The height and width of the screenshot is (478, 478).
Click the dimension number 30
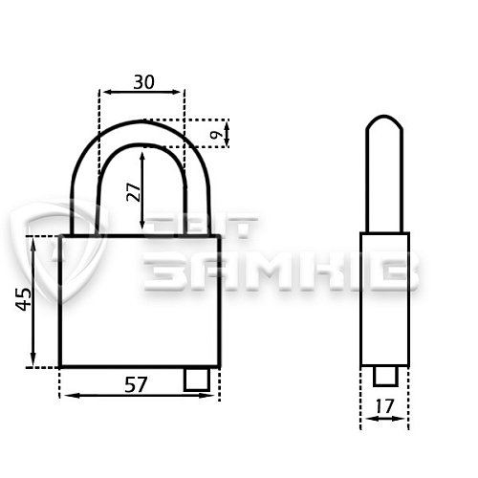point(143,82)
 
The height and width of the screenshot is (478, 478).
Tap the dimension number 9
point(217,134)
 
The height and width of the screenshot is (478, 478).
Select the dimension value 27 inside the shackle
point(134,192)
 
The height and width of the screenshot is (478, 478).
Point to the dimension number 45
point(24,299)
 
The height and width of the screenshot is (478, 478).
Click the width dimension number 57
point(136,384)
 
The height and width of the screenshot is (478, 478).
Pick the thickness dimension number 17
point(384,406)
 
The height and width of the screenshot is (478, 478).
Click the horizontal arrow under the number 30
point(142,92)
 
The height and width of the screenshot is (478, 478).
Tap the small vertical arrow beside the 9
point(227,134)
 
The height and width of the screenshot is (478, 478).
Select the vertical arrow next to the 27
point(142,190)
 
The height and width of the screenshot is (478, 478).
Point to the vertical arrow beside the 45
point(33,302)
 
